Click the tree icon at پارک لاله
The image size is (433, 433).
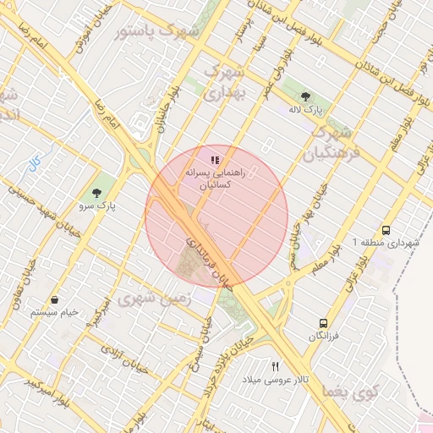(305, 96)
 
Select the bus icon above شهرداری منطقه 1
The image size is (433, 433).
(386, 229)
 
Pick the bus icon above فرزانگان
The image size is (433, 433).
(323, 323)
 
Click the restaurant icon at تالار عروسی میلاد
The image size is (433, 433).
(274, 366)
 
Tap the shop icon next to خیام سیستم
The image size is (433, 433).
(54, 299)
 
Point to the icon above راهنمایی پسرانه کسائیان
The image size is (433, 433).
(216, 159)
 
